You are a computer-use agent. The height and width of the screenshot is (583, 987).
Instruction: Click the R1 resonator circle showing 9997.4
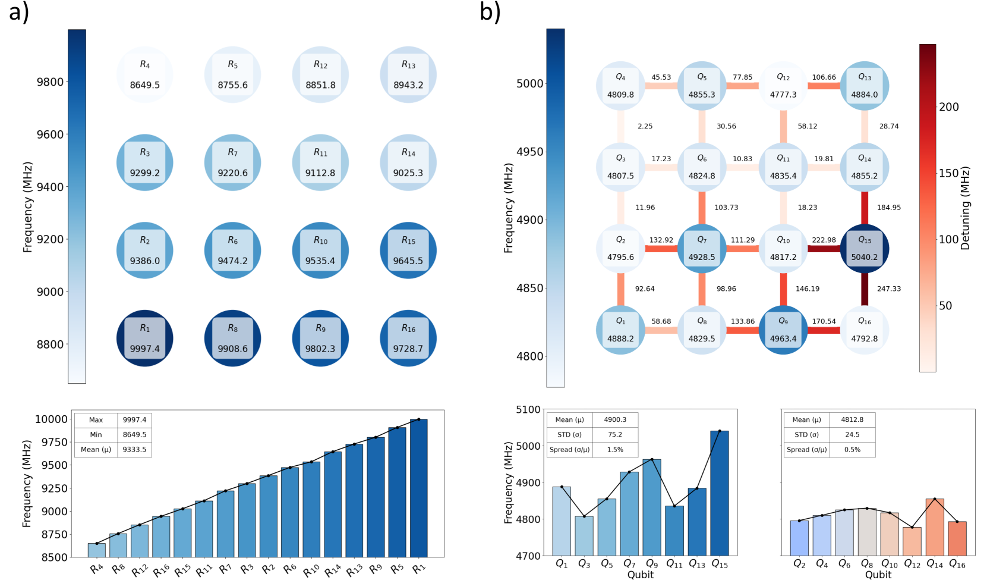coord(144,338)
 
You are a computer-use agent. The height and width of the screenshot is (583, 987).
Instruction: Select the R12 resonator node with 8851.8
coord(320,75)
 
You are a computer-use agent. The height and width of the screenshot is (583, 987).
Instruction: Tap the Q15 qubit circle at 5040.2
coord(864,249)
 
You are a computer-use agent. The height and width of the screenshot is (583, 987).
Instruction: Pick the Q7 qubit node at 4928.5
coord(702,249)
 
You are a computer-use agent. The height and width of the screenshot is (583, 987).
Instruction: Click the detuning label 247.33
coord(889,289)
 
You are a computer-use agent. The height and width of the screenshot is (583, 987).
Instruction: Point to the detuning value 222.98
coord(824,240)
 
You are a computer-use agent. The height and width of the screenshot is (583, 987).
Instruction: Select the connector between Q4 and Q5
coord(661,86)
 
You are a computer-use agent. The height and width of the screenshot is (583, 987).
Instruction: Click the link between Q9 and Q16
coord(824,330)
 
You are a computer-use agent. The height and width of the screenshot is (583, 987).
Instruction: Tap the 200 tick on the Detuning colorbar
coord(948,107)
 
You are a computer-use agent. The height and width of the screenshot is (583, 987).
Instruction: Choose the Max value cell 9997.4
coord(134,420)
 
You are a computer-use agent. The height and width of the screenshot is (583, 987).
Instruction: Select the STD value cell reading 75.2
coord(615,435)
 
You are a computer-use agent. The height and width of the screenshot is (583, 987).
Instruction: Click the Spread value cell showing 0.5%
coord(852,450)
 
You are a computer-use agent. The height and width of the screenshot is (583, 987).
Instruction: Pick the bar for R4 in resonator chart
coord(96,550)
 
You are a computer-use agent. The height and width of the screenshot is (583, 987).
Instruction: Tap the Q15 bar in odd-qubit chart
coord(719,494)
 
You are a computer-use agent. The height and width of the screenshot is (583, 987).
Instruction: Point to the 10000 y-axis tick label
coord(51,419)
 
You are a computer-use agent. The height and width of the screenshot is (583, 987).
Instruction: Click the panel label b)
coord(490,12)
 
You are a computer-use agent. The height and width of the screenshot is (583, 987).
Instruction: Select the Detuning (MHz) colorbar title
coord(965,208)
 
